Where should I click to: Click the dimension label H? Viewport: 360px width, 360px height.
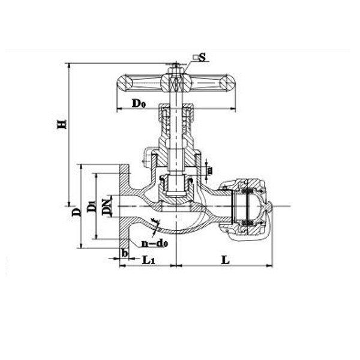tap(61, 124)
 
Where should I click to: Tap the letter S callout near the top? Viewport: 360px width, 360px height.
tap(202, 58)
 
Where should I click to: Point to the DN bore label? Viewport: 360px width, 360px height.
tap(107, 205)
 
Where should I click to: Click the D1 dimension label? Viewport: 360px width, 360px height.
tap(92, 206)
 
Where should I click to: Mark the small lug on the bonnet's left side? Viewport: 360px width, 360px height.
tap(145, 158)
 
